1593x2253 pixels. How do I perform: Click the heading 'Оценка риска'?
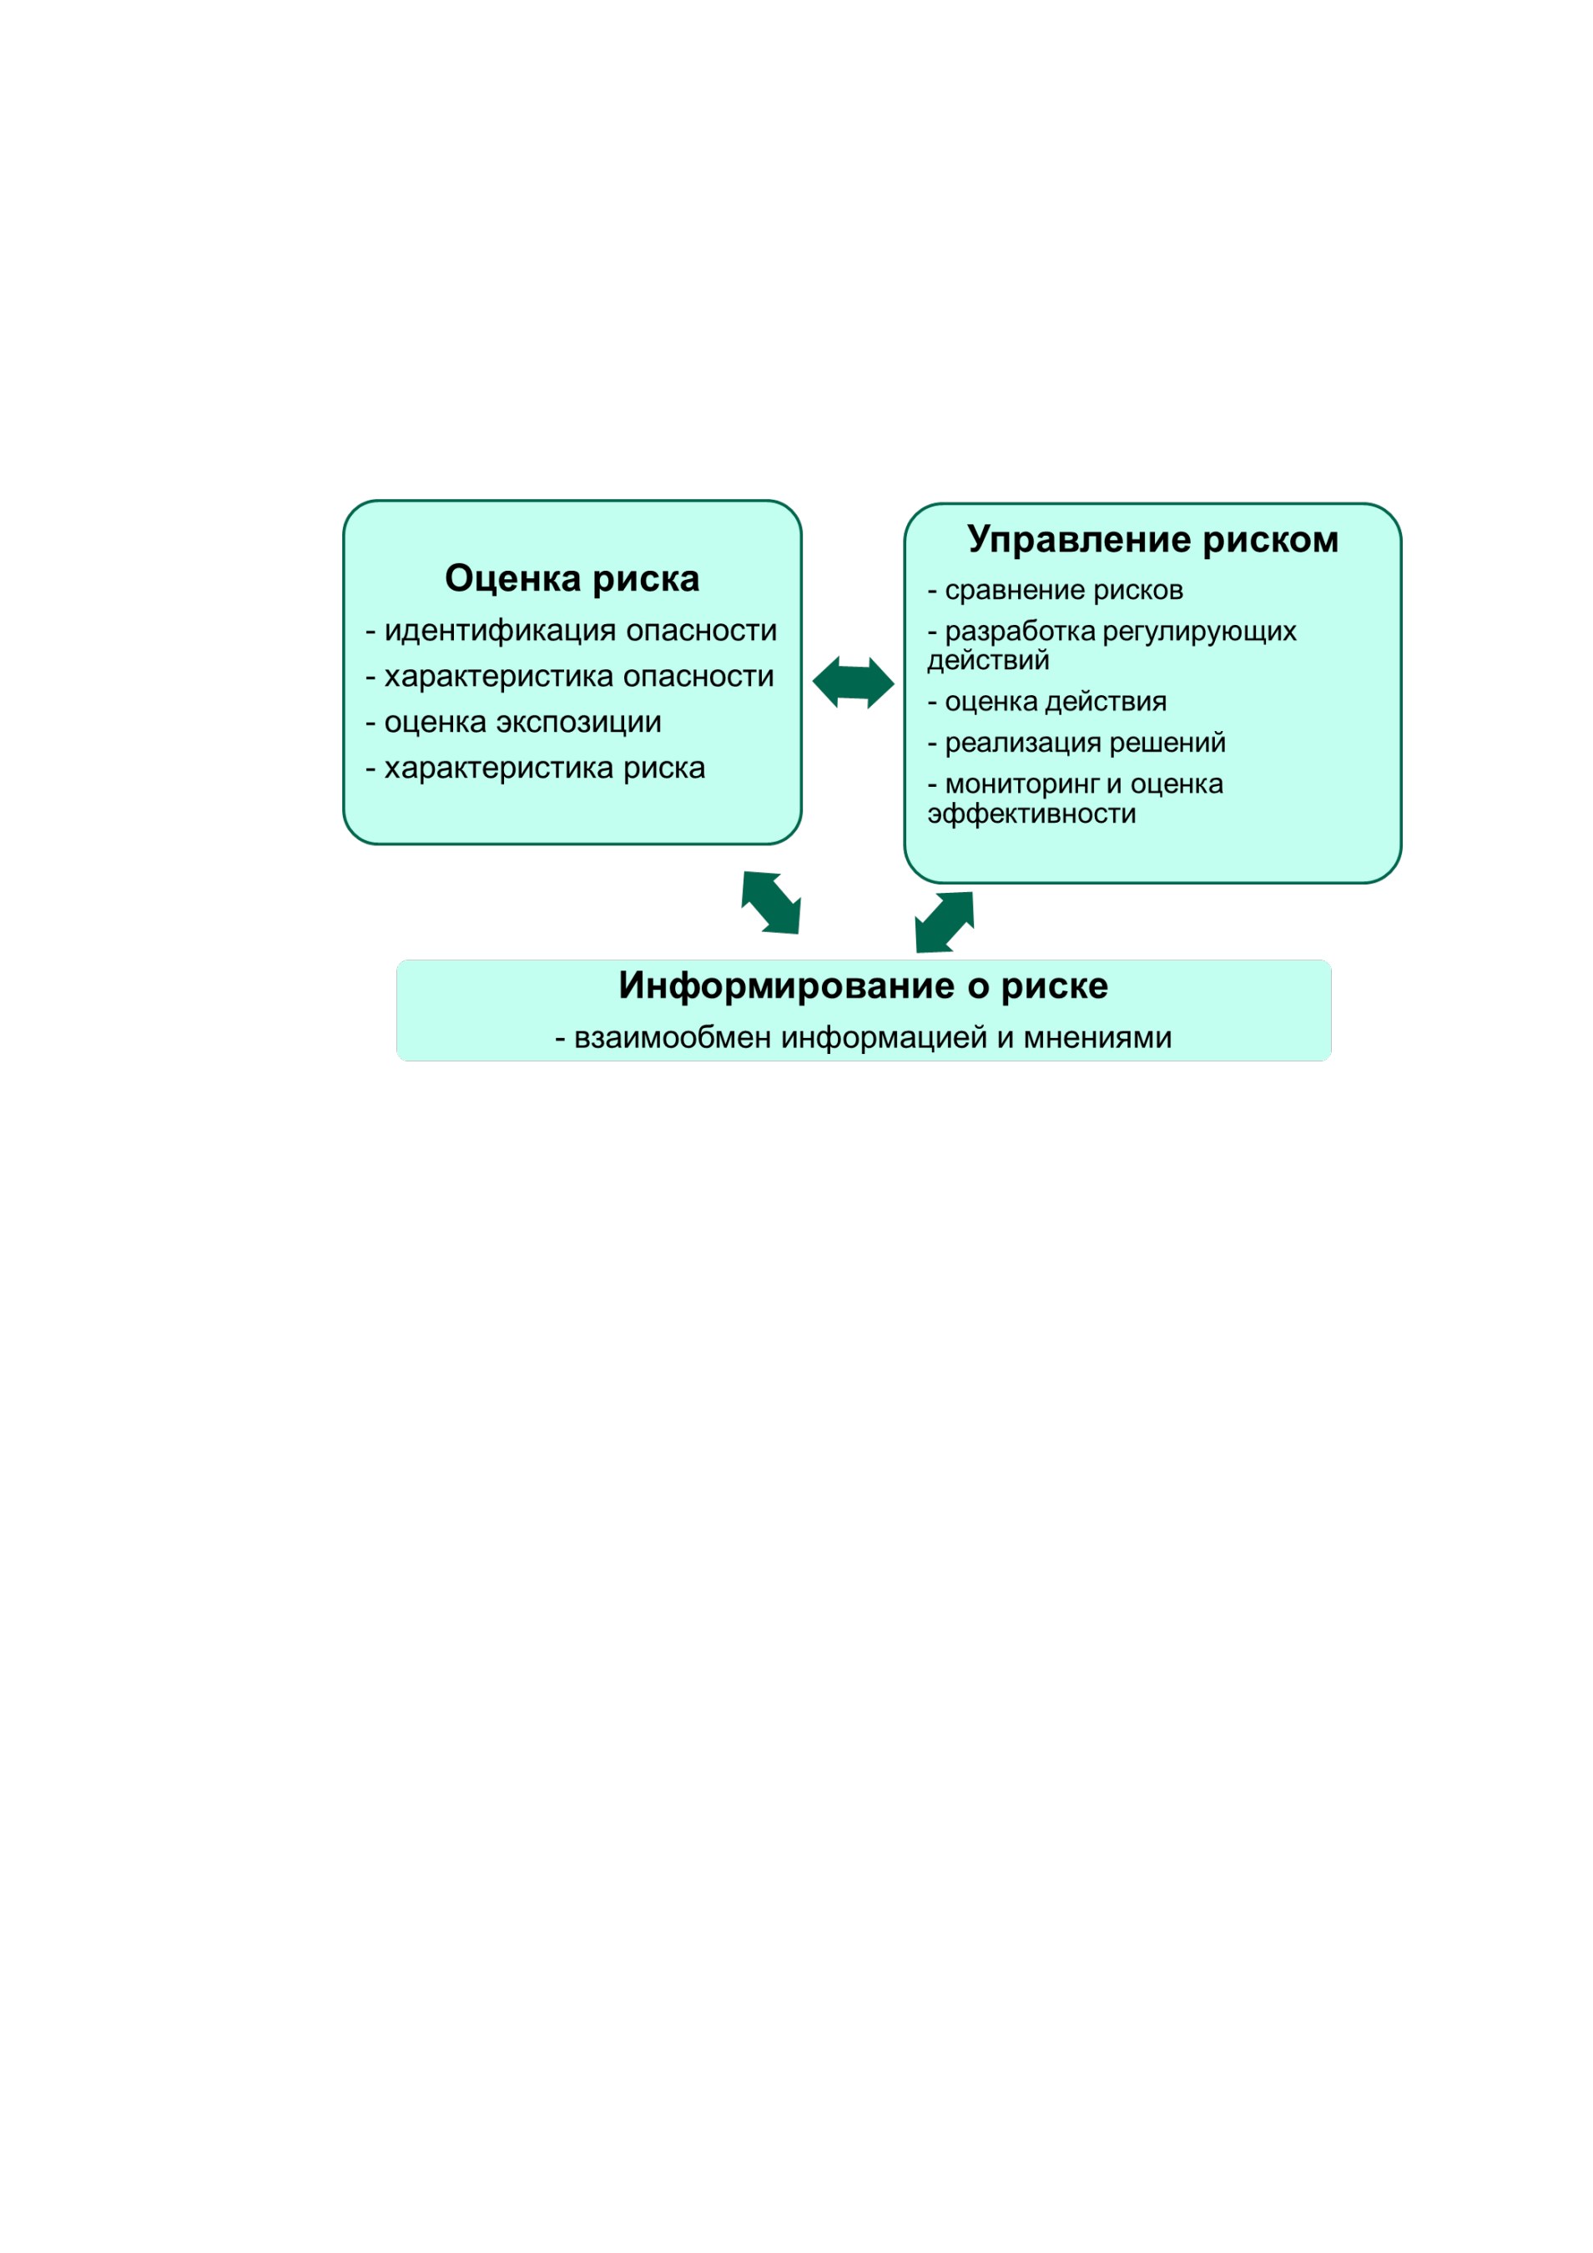pyautogui.click(x=572, y=579)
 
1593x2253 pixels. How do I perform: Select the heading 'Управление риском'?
pyautogui.click(x=1152, y=540)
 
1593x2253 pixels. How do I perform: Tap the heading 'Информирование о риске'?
pyautogui.click(x=863, y=986)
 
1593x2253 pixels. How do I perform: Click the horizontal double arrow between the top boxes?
pyautogui.click(x=853, y=682)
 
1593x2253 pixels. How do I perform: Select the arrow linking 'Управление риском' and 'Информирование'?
pyautogui.click(x=945, y=922)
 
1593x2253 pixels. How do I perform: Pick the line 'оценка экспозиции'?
pyautogui.click(x=513, y=723)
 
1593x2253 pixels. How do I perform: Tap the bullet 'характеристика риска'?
pyautogui.click(x=535, y=769)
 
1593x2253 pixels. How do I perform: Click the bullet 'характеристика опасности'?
pyautogui.click(x=569, y=676)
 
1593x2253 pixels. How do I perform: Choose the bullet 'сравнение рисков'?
pyautogui.click(x=1055, y=591)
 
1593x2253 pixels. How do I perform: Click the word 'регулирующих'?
pyautogui.click(x=1199, y=632)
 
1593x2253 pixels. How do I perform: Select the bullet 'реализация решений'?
pyautogui.click(x=1076, y=743)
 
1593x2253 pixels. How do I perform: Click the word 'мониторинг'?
pyautogui.click(x=1021, y=785)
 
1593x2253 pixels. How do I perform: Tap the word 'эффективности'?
pyautogui.click(x=1031, y=814)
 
